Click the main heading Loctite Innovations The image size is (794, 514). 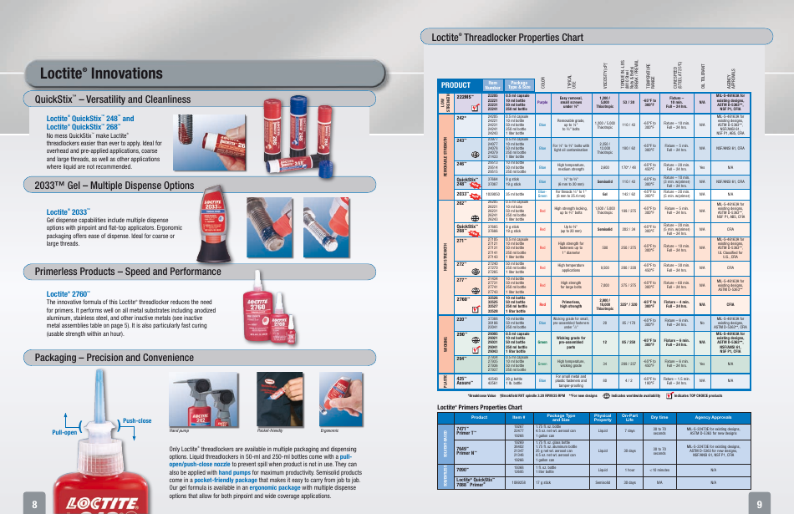pos(102,74)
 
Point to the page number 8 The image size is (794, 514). pos(34,504)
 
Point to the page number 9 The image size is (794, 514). pos(759,504)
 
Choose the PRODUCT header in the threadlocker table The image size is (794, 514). pos(456,84)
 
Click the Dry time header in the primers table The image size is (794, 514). pos(659,416)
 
